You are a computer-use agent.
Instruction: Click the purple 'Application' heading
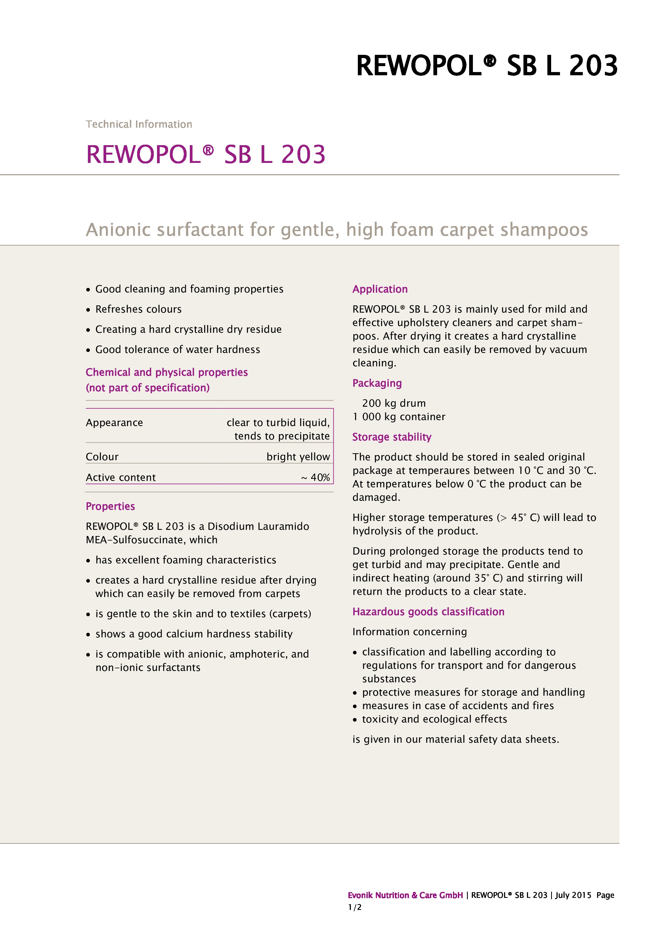pos(380,289)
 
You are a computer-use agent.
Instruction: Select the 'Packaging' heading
pos(377,383)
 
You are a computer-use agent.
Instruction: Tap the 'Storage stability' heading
pos(391,437)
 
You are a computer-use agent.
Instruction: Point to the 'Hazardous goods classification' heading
pos(428,612)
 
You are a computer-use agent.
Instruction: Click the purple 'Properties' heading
pos(110,506)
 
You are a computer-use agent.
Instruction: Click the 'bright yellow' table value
pos(298,457)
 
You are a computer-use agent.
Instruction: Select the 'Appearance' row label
pos(114,423)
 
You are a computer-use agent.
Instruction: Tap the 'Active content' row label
pos(121,477)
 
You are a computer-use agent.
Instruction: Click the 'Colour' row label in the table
pos(102,457)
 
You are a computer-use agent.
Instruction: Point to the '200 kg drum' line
pos(394,403)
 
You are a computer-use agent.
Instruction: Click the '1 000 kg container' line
pos(398,417)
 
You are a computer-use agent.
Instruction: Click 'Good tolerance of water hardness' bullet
pos(177,349)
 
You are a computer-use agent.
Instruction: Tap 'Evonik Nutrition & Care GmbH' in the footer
pos(405,895)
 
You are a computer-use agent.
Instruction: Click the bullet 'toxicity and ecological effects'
pos(434,719)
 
